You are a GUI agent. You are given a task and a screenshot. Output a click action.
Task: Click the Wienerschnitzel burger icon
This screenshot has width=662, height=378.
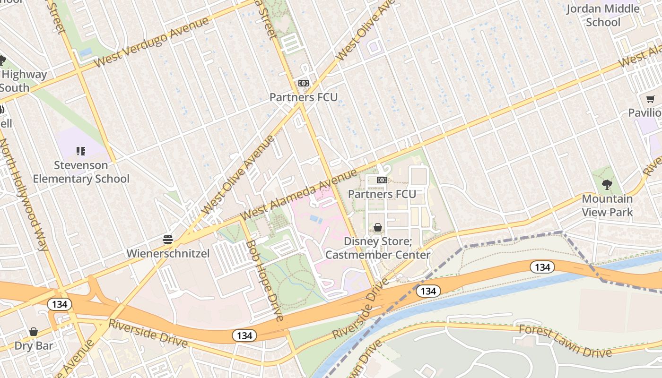click(x=168, y=240)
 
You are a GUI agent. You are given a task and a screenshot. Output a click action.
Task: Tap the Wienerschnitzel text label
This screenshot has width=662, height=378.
click(x=168, y=254)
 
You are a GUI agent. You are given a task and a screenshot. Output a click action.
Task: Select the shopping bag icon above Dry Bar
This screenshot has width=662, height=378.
click(x=34, y=332)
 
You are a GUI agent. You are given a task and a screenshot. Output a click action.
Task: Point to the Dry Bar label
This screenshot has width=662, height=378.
click(x=34, y=345)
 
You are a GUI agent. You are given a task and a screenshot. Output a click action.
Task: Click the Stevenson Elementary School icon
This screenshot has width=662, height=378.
click(x=81, y=151)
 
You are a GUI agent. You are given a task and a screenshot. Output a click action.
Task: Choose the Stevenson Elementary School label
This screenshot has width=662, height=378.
click(x=81, y=172)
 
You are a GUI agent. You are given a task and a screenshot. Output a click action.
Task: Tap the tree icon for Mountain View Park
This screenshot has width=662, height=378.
click(x=607, y=185)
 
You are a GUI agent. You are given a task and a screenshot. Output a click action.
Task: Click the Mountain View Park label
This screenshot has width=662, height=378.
click(x=607, y=206)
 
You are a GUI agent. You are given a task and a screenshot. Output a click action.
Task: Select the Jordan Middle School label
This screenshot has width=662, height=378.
click(x=603, y=15)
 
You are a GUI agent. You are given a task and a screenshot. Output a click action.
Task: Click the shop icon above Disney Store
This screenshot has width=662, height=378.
click(x=378, y=228)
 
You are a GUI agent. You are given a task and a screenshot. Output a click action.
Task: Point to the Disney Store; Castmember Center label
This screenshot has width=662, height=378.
click(x=378, y=248)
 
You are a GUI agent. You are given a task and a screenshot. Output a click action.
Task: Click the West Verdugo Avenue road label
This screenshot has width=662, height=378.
click(x=151, y=42)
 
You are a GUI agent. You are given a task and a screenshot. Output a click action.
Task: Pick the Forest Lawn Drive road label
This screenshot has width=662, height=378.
click(x=565, y=340)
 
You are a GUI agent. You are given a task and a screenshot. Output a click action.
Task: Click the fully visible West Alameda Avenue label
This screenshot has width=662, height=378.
click(x=298, y=194)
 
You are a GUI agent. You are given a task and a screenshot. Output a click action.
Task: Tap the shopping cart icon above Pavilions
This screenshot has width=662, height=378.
click(x=651, y=99)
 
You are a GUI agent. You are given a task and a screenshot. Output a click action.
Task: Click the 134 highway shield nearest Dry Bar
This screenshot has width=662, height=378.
click(x=60, y=304)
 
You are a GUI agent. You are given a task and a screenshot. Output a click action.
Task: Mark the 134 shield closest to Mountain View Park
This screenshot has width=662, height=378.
click(x=542, y=267)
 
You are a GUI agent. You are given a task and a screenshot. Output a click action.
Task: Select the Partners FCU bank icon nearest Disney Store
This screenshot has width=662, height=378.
click(x=382, y=180)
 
